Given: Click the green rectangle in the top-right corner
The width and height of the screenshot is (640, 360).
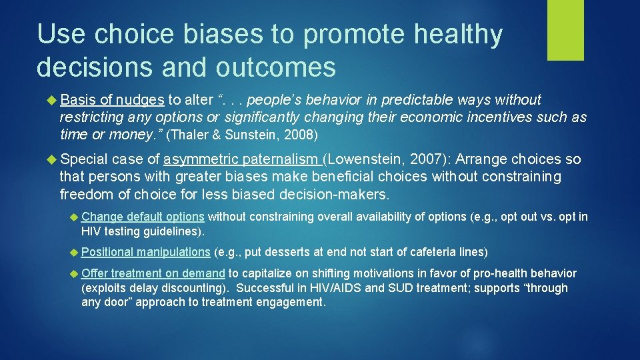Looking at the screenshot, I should pyautogui.click(x=565, y=30).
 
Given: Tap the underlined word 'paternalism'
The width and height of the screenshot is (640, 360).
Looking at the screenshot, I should pyautogui.click(x=280, y=159).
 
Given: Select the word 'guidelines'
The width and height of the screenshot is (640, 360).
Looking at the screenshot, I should pyautogui.click(x=169, y=231).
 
